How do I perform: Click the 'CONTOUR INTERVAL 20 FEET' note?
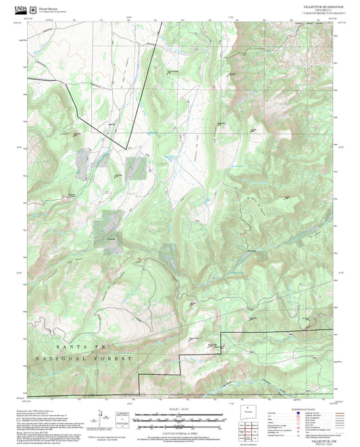(x=179, y=432)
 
